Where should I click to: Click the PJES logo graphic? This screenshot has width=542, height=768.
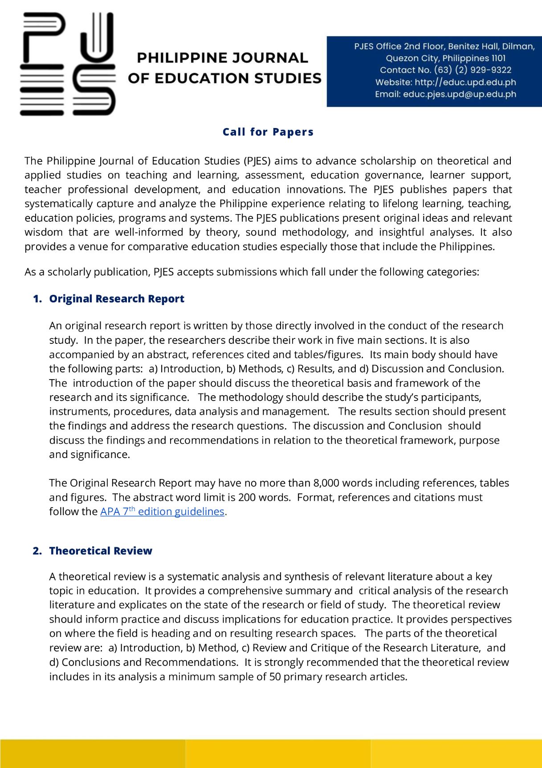point(68,64)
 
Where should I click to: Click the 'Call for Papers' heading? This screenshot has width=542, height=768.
point(268,132)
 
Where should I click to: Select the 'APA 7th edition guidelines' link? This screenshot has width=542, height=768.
point(162,512)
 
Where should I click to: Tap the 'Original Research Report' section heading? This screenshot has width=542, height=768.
point(117,299)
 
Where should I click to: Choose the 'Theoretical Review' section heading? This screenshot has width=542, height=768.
point(101,551)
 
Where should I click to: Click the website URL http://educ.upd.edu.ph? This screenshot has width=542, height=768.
point(465,82)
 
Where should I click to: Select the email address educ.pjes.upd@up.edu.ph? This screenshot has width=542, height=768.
point(459,94)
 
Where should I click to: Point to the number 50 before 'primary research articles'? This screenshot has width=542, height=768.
point(275,677)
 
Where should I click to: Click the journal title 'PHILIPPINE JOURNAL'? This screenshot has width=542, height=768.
point(222,58)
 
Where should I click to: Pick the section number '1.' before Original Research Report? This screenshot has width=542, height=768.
point(37,299)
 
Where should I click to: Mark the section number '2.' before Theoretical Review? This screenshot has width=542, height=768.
point(37,551)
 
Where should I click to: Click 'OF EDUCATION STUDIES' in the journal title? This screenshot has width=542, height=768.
point(224,78)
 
